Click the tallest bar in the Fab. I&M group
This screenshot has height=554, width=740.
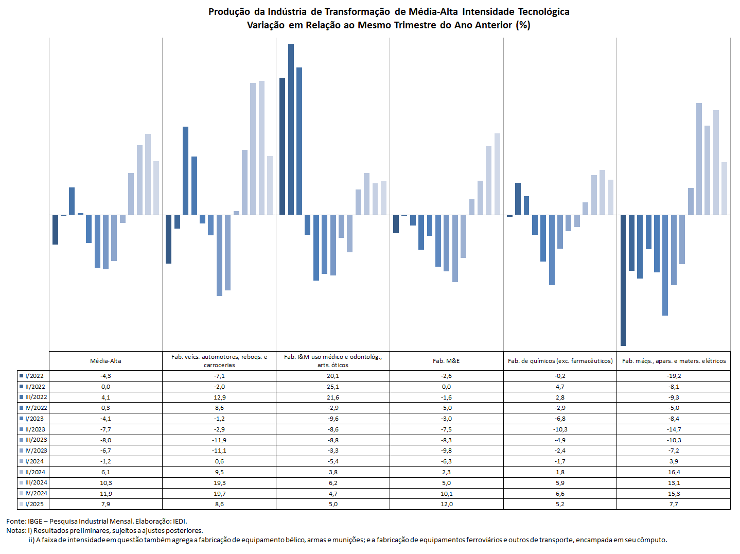291,129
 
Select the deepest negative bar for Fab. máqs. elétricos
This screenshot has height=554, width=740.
623,280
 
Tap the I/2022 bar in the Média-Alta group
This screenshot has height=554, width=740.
55,230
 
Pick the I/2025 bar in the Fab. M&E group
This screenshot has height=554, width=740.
497,174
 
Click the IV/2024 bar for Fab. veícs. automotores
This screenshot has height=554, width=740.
261,148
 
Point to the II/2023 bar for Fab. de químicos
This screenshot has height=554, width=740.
552,250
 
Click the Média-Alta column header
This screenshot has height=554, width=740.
105,361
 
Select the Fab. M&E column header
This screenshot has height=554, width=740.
446,361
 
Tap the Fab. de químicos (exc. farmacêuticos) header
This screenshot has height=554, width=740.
560,361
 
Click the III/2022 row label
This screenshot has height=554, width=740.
36,397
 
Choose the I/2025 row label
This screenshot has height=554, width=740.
34,504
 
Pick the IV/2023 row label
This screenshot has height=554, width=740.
36,451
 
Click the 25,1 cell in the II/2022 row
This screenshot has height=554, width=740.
333,387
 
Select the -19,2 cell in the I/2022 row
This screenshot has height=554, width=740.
674,376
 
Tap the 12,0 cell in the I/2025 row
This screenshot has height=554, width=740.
446,504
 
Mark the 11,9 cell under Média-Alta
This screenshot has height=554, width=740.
105,494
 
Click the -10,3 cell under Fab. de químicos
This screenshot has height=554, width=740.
560,429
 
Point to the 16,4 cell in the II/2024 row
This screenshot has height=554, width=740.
674,472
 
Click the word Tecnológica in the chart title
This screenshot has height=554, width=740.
543,12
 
